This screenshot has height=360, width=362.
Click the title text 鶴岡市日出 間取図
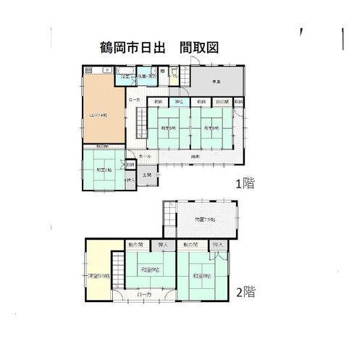(x=160, y=46)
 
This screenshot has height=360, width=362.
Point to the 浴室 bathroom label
(x=125, y=75)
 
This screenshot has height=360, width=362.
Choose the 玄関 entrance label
(x=146, y=175)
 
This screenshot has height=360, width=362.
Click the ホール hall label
(x=144, y=156)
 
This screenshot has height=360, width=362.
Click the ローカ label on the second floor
(x=144, y=295)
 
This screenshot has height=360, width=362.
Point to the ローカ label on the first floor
(x=135, y=100)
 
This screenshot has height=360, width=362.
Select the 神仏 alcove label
(x=178, y=102)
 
